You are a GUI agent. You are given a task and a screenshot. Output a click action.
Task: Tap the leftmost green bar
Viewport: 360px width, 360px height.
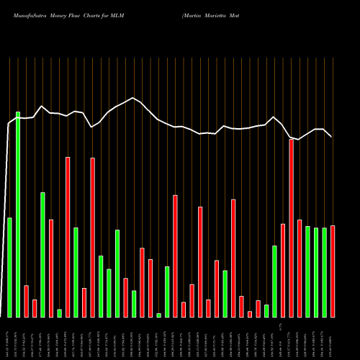(x=9, y=267)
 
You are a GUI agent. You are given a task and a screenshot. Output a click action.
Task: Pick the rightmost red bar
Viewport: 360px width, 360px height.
(x=333, y=271)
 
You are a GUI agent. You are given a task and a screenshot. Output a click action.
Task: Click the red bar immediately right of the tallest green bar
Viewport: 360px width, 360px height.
(x=26, y=301)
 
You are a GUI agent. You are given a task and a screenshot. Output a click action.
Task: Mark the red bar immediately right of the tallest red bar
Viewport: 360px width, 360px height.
(x=300, y=269)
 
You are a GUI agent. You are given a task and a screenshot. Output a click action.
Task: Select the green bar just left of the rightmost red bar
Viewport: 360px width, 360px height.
(x=324, y=272)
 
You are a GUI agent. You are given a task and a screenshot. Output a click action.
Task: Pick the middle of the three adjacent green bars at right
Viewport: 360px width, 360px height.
(x=316, y=272)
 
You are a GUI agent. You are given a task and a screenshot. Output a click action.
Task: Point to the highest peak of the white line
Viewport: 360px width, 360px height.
(x=133, y=98)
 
